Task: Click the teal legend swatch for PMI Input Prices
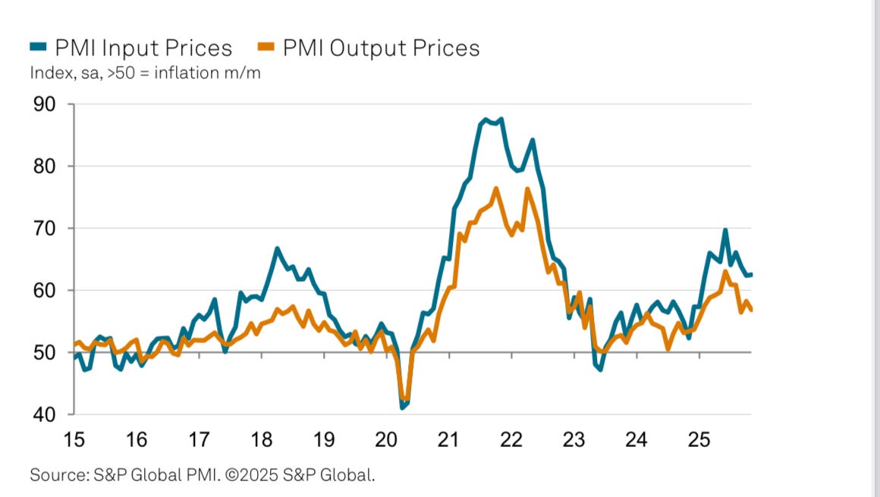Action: pyautogui.click(x=38, y=48)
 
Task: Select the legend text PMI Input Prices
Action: pyautogui.click(x=143, y=48)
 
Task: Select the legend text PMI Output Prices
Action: pyautogui.click(x=381, y=48)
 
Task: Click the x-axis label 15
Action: pyautogui.click(x=74, y=439)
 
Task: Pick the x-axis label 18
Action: pyautogui.click(x=261, y=439)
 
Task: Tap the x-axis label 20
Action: pyautogui.click(x=386, y=439)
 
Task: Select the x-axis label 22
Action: pyautogui.click(x=511, y=439)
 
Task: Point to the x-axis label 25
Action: pyautogui.click(x=699, y=439)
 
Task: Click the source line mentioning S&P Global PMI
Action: pyautogui.click(x=203, y=476)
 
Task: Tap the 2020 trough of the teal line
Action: pyautogui.click(x=401, y=408)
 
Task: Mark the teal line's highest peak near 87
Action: pyautogui.click(x=485, y=120)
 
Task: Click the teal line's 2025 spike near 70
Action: pyautogui.click(x=725, y=230)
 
